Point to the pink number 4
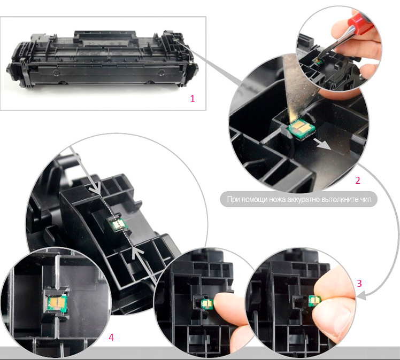(111, 337)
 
